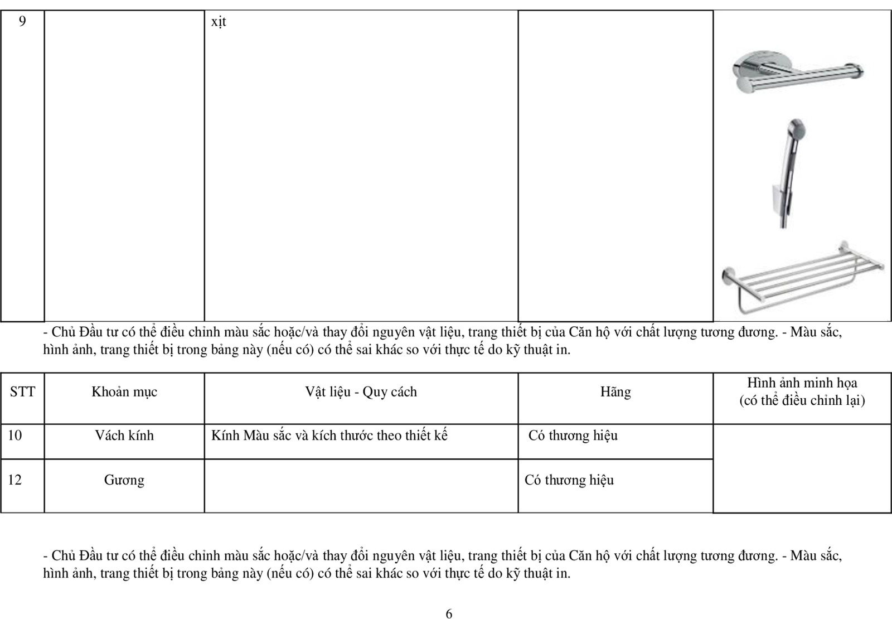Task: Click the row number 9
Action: point(22,22)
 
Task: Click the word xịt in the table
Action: point(219,22)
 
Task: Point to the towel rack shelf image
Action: point(802,276)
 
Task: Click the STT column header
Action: point(22,392)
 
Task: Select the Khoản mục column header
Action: point(124,392)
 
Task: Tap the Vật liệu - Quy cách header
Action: point(361,392)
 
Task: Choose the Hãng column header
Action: point(615,392)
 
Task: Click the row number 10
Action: point(15,436)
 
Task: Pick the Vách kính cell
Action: point(124,436)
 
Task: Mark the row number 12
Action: point(15,480)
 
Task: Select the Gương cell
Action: point(124,480)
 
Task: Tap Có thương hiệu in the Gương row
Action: point(569,480)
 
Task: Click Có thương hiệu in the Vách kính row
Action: point(573,436)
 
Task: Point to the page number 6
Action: point(449,614)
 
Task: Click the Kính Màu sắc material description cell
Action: point(329,436)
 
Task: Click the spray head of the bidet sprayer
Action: point(796,128)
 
